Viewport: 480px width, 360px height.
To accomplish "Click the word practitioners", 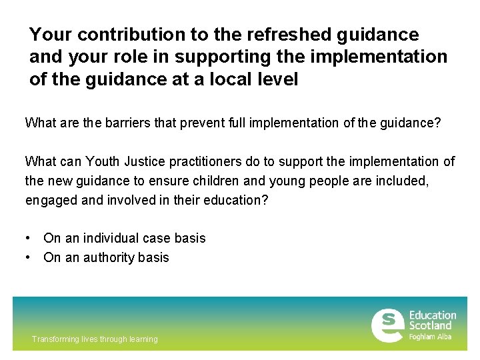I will (213, 161).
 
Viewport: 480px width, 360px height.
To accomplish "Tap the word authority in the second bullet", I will (108, 257).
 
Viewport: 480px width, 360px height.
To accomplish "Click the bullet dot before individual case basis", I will (28, 238).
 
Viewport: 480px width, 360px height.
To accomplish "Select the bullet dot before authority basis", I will (28, 257).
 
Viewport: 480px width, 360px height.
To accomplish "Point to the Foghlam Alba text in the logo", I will (430, 337).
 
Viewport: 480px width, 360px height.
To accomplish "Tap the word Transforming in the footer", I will (55, 339).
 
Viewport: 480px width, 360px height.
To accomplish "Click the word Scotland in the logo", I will (430, 325).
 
